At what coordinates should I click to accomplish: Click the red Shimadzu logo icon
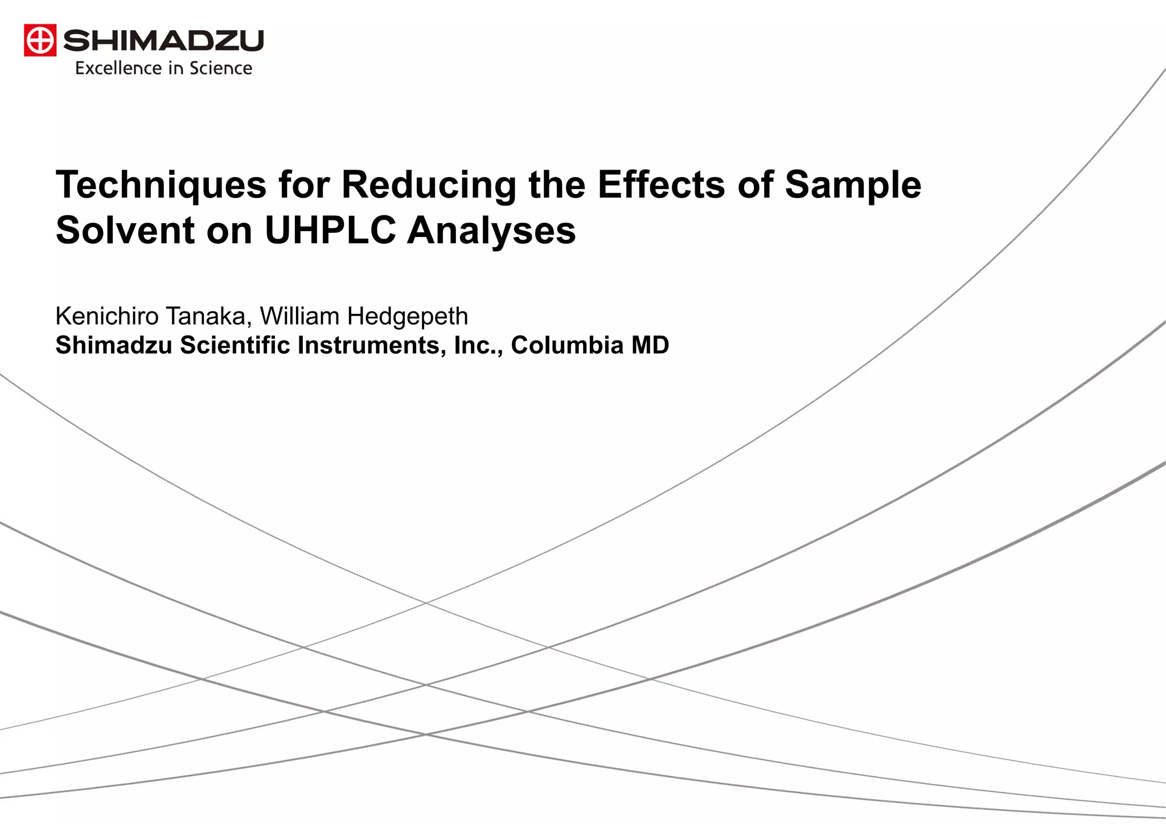tap(40, 40)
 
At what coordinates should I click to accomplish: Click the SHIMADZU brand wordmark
tap(163, 40)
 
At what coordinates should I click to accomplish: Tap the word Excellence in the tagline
tap(118, 68)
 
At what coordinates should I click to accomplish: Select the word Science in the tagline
tap(221, 68)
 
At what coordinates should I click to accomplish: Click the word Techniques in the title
tap(161, 185)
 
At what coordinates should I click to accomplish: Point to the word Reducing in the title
tap(429, 185)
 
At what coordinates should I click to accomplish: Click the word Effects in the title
tap(661, 185)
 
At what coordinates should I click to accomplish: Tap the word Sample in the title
tap(853, 185)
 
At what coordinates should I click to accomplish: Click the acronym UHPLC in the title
tap(330, 230)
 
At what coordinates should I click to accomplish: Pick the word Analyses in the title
tap(491, 230)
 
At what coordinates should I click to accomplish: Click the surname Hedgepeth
tap(408, 316)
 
